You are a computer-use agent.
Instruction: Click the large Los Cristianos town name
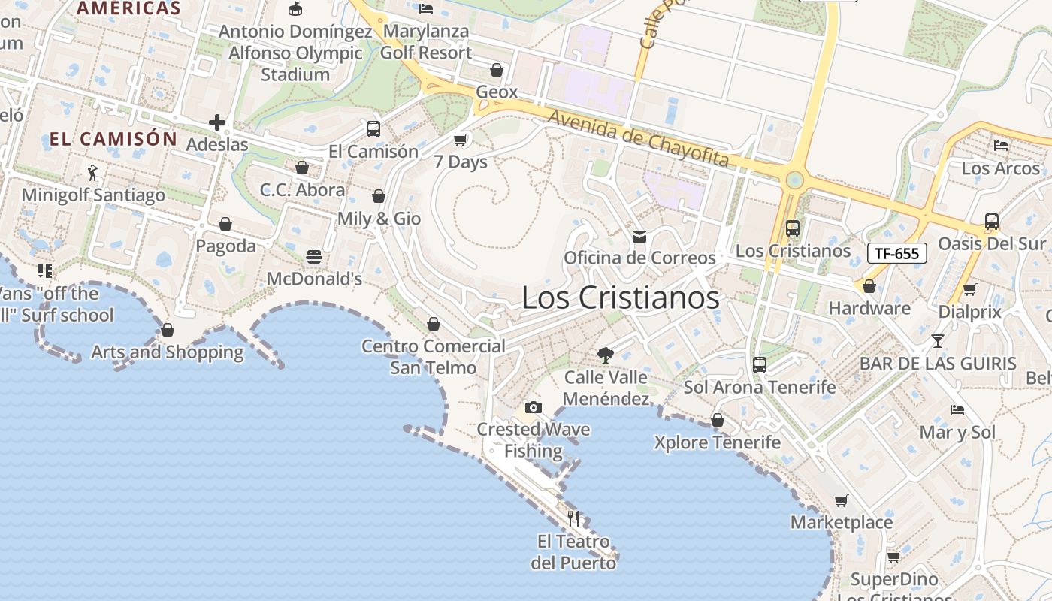click(621, 297)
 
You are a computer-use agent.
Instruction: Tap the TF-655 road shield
click(897, 253)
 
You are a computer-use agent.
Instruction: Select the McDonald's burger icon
click(314, 257)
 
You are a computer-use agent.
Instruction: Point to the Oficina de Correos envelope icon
click(639, 237)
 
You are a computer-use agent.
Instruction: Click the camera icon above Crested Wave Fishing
click(534, 408)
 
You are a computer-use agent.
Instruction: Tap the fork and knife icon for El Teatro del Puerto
click(573, 518)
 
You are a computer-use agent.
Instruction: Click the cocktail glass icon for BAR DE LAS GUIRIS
click(937, 341)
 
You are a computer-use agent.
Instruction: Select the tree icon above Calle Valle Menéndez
click(606, 355)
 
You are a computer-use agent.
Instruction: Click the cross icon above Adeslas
click(217, 122)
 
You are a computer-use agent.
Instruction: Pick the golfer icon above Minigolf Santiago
click(92, 173)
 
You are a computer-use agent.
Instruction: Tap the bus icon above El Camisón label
click(373, 128)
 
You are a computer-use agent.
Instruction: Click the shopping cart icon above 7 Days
click(461, 140)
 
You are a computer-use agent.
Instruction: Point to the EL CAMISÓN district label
click(113, 139)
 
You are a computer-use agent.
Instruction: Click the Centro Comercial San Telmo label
click(434, 356)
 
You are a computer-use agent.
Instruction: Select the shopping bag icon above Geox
click(497, 70)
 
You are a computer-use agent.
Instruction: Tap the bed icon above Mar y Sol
click(957, 410)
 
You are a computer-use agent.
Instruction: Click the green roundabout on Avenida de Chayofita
click(794, 180)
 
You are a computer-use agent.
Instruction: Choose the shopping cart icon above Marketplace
click(842, 500)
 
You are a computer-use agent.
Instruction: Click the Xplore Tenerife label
click(718, 442)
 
